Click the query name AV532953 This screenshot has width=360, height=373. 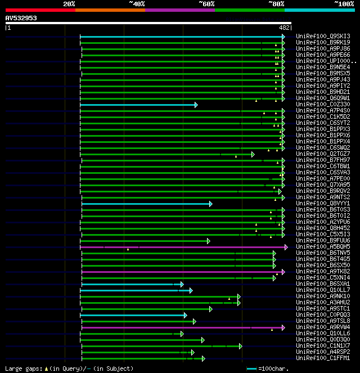pos(21,18)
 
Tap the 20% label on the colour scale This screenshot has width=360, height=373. pos(69,4)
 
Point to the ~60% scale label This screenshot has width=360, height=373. pos(206,4)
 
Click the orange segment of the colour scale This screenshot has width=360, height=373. pos(110,10)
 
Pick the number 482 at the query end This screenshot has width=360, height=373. pos(285,27)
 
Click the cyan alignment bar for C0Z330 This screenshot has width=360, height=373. pos(138,105)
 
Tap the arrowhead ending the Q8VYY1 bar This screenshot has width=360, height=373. pos(210,204)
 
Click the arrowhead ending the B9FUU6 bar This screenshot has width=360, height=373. pos(208,241)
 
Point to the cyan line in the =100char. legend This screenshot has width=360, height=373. pos(252,368)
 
